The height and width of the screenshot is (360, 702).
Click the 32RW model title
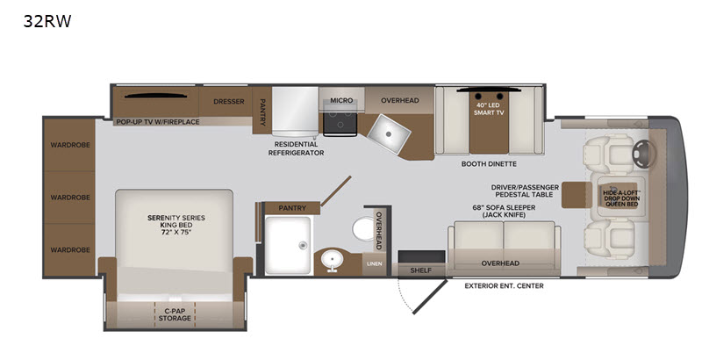(47, 21)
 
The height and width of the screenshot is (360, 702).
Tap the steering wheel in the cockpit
(642, 154)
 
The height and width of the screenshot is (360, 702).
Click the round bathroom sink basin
(332, 259)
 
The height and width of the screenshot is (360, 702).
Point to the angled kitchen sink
(389, 133)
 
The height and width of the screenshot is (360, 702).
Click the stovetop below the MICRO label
(340, 122)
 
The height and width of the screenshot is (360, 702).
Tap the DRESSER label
(229, 102)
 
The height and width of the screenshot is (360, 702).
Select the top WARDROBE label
(70, 145)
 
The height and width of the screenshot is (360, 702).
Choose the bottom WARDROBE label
(70, 250)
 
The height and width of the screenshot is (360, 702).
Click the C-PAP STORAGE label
(175, 314)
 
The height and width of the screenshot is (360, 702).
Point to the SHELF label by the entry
(421, 270)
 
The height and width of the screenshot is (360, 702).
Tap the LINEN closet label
(375, 263)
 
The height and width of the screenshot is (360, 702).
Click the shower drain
(303, 245)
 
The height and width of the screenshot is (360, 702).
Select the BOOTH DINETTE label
(489, 164)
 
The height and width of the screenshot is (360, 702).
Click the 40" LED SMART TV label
(489, 109)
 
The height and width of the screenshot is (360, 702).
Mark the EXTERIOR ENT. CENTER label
(504, 285)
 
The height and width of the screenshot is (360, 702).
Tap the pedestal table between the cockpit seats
(575, 195)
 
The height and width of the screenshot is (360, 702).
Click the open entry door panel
(430, 297)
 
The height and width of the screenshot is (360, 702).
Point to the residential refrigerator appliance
(295, 112)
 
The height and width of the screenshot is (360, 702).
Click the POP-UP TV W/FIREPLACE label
(158, 122)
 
